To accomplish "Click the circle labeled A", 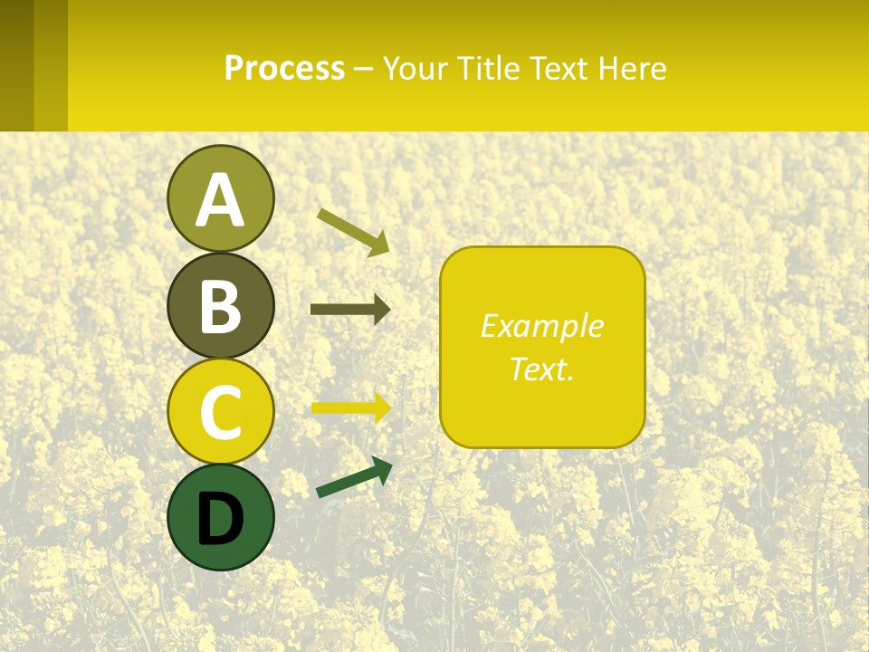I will (220, 198).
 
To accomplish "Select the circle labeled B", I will (220, 305).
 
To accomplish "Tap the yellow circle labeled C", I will (220, 411).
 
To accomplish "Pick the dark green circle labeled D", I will (220, 517).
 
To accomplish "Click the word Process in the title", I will (284, 68).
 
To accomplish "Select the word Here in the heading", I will (632, 68).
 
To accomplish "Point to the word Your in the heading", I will (412, 68).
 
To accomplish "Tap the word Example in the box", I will (542, 326).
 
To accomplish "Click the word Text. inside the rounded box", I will (542, 369).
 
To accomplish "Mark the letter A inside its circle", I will (220, 200).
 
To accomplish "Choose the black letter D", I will (220, 519).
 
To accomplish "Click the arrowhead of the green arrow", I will (381, 468).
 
